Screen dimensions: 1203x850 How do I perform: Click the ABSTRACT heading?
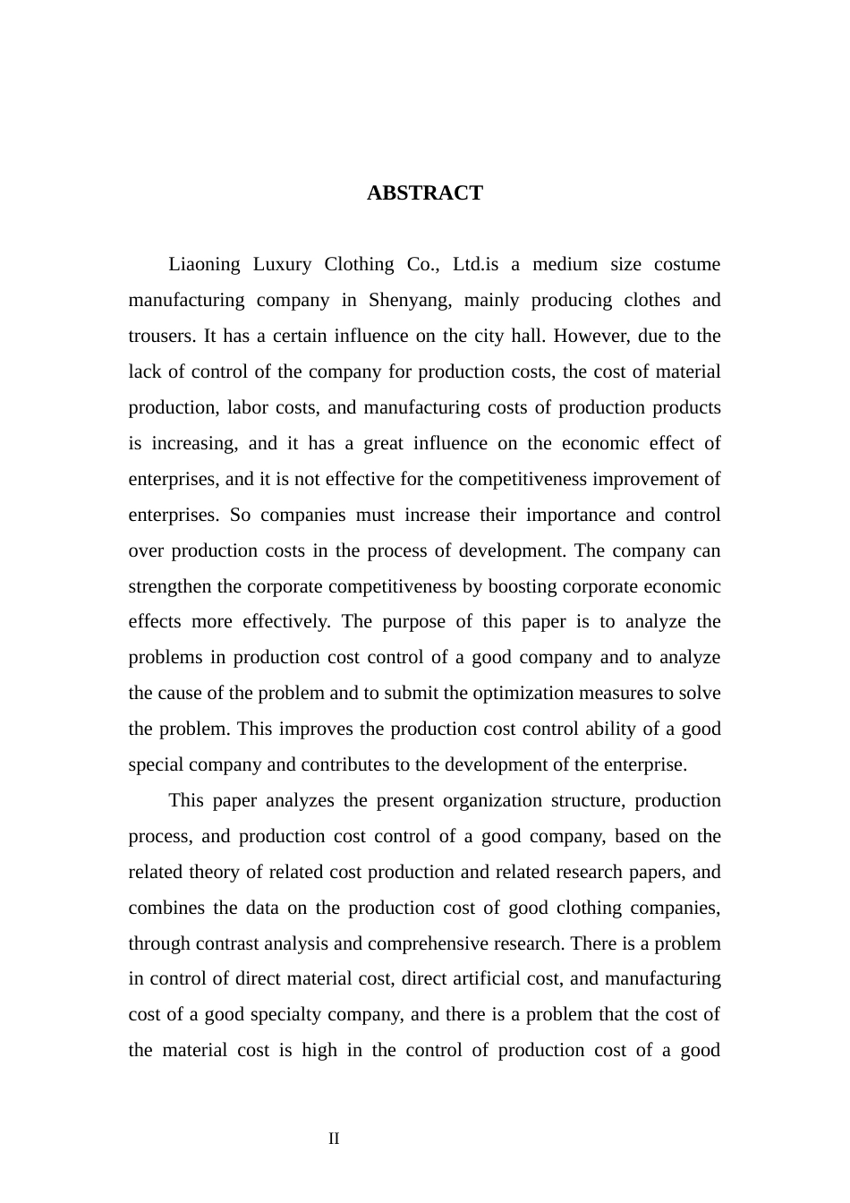(424, 193)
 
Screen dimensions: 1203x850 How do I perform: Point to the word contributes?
(351, 765)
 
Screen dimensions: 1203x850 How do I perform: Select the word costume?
(687, 265)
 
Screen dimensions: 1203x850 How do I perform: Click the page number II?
(334, 1139)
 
